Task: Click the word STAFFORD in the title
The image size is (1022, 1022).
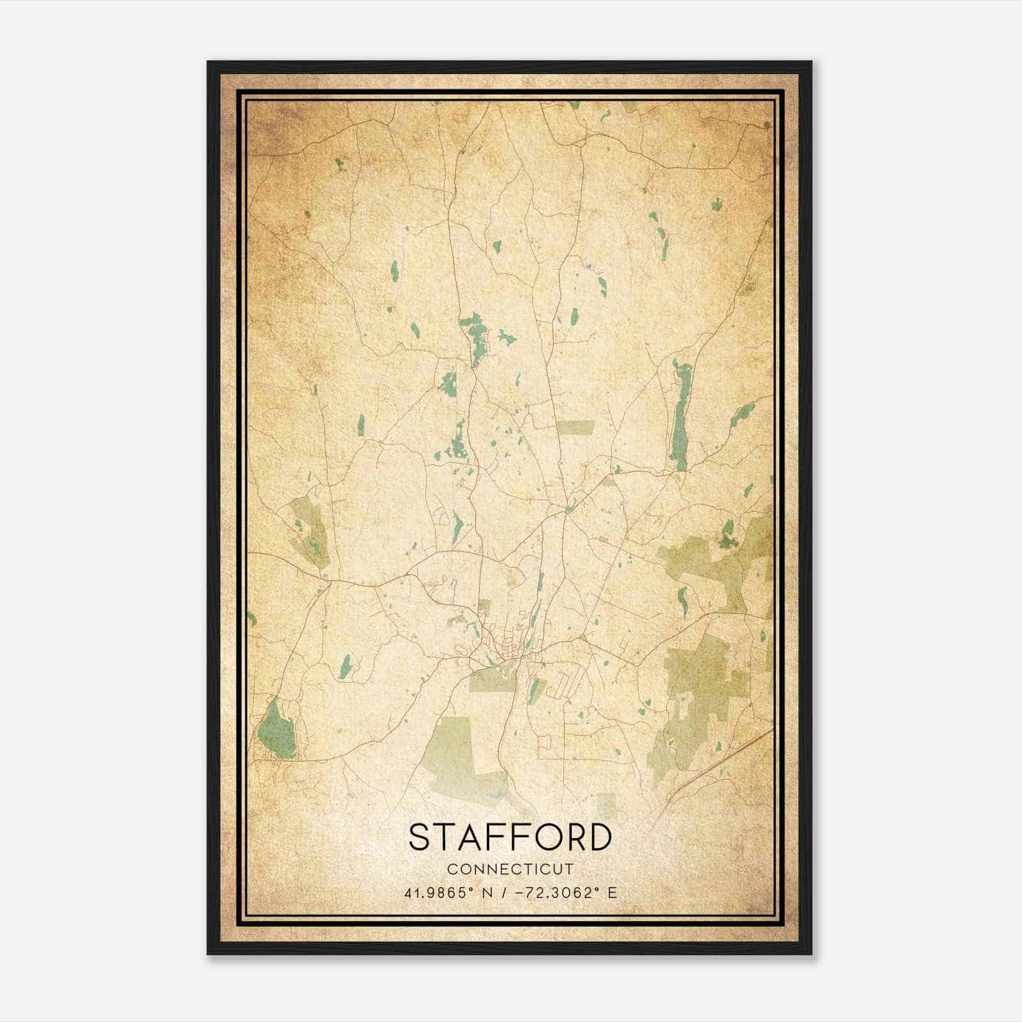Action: pos(510,837)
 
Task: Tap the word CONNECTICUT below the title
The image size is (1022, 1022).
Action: pos(510,869)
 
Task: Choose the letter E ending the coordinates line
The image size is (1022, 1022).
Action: pos(613,893)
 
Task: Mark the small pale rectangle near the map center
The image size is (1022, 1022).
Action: pos(574,427)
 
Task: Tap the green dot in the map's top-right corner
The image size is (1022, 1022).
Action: pos(768,125)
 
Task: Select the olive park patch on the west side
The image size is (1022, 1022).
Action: pos(309,530)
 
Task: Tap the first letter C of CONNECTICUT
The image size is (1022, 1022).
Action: pos(452,869)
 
